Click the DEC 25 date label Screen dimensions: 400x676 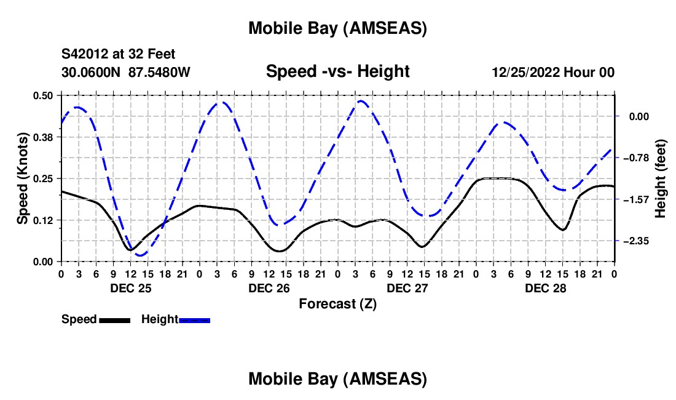tap(130, 288)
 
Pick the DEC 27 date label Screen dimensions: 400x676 tap(407, 288)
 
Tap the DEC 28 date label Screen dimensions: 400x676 tap(545, 288)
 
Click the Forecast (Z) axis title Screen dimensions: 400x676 tap(337, 303)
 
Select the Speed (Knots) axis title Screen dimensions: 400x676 tap(22, 178)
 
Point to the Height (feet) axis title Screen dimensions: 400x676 tap(661, 178)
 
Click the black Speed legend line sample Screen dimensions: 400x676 tap(114, 320)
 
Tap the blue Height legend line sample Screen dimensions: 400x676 tap(194, 320)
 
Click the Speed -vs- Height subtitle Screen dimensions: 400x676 tap(337, 71)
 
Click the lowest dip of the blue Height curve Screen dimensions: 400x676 tap(140, 255)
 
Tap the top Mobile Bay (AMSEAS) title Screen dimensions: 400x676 tap(337, 28)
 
